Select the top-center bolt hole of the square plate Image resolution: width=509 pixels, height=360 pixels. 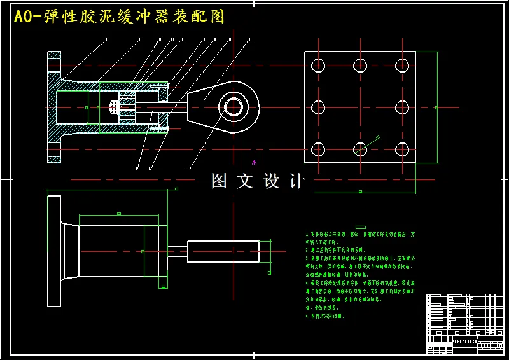click(360, 65)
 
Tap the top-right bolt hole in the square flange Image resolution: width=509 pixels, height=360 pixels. click(401, 65)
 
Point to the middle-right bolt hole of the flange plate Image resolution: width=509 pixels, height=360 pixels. click(401, 107)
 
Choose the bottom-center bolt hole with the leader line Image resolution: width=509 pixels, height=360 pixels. click(360, 149)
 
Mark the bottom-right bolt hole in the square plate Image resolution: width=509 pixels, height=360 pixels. click(401, 149)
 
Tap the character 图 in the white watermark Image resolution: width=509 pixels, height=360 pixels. click(220, 181)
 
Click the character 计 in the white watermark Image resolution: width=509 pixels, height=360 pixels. click(296, 181)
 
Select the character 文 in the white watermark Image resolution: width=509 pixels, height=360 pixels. click(245, 181)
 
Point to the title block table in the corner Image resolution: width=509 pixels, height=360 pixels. click(464, 323)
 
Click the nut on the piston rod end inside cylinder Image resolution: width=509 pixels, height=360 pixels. click(115, 107)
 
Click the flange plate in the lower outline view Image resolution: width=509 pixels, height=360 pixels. click(54, 251)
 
